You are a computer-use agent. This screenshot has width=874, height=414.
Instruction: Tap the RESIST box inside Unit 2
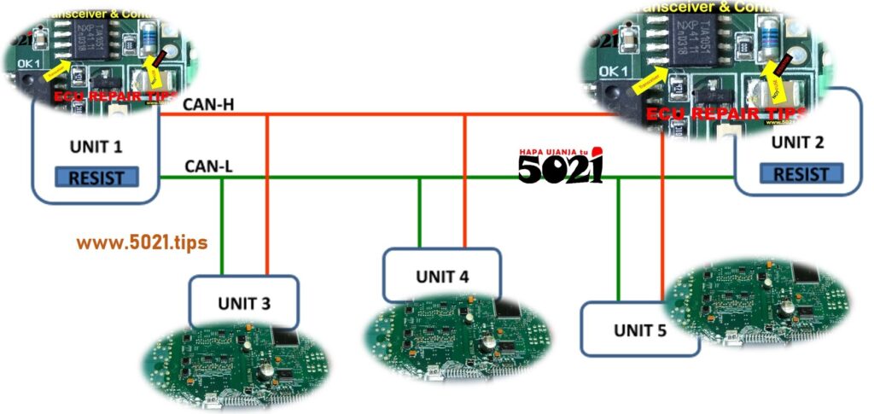click(x=801, y=174)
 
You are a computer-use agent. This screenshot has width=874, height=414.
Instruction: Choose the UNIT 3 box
click(x=244, y=301)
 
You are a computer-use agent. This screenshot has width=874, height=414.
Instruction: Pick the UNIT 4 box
click(x=441, y=275)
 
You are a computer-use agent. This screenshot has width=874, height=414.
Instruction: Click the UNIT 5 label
click(x=640, y=329)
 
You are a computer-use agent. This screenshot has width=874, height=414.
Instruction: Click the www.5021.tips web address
click(x=142, y=242)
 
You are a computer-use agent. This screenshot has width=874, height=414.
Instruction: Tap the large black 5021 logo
click(x=560, y=167)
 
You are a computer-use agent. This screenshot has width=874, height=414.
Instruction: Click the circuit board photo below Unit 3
click(x=235, y=364)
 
